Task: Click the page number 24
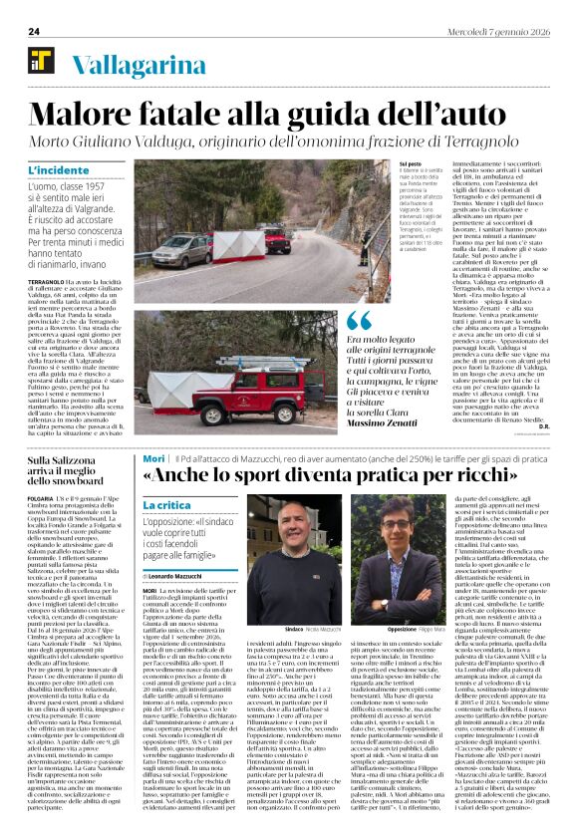(33, 31)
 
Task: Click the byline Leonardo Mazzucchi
(179, 576)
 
